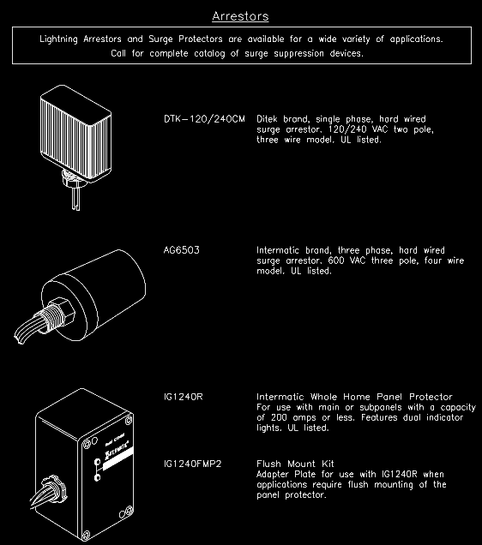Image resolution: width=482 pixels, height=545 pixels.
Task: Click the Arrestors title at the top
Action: pyautogui.click(x=241, y=15)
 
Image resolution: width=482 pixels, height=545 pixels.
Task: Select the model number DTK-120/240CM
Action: pyautogui.click(x=203, y=119)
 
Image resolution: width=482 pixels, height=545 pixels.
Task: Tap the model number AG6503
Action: pyautogui.click(x=182, y=250)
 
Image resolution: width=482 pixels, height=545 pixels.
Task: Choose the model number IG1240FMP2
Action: pyautogui.click(x=193, y=464)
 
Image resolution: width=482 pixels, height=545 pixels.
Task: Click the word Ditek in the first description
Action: pyautogui.click(x=270, y=119)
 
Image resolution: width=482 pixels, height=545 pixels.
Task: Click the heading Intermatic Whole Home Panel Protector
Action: pyautogui.click(x=353, y=397)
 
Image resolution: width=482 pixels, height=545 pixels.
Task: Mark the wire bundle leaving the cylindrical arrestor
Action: pyautogui.click(x=26, y=326)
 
